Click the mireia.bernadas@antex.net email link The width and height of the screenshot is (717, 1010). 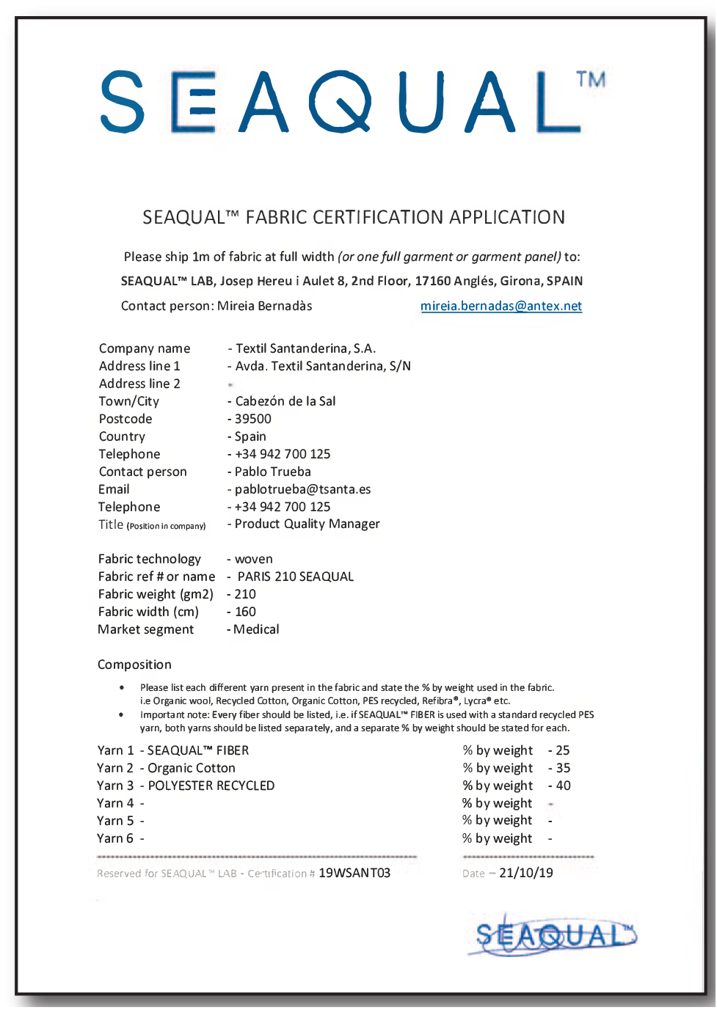pos(501,306)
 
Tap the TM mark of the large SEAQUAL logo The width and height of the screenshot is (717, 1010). pos(591,79)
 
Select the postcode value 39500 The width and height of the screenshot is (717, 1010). pos(253,419)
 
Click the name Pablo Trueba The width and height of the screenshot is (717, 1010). pos(273,472)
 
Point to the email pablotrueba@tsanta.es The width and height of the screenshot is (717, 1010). pos(302,489)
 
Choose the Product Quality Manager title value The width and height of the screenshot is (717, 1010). pos(307,524)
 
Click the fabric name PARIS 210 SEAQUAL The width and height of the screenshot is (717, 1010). pos(296,577)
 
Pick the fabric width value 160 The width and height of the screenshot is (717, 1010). pos(245,612)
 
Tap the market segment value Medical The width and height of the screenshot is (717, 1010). pos(256,629)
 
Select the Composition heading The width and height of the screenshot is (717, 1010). pos(134,665)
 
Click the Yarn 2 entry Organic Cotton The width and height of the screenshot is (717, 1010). pos(192,768)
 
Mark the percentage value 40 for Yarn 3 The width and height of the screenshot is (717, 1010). pos(563,786)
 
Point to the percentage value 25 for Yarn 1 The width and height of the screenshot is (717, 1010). pos(563,750)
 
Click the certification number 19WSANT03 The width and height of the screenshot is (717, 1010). pos(354,873)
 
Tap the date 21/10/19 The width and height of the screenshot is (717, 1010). pos(526,873)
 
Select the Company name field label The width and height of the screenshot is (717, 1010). pos(145,348)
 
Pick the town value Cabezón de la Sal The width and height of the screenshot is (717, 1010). pos(285,401)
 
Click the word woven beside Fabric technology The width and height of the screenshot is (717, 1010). pos(254,559)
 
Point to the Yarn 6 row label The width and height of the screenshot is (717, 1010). pos(115,838)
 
